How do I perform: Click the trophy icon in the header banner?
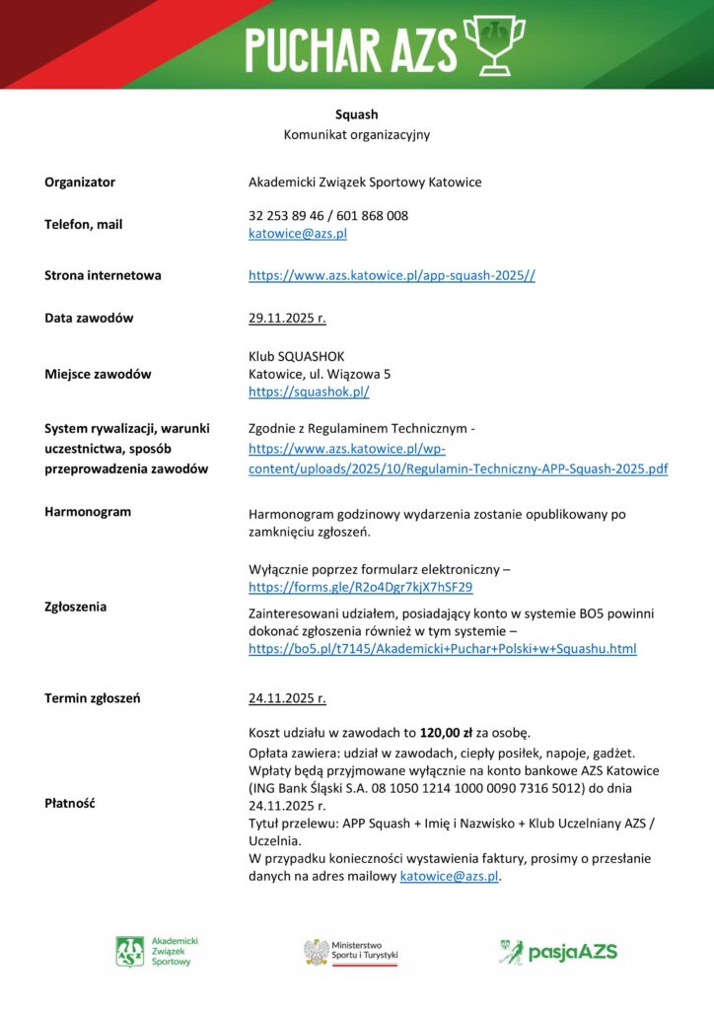click(x=501, y=43)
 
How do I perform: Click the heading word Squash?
click(x=356, y=114)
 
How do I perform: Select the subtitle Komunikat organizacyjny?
click(x=356, y=134)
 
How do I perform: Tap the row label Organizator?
click(x=80, y=181)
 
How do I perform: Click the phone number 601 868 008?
click(x=375, y=215)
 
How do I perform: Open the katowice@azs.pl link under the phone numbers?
click(x=297, y=234)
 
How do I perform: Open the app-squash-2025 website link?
click(x=392, y=275)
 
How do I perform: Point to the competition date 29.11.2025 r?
click(x=287, y=318)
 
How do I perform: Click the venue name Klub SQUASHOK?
click(x=297, y=356)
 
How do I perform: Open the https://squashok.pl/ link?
click(x=309, y=392)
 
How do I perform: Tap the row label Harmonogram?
click(x=88, y=512)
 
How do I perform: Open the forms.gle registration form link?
click(x=360, y=587)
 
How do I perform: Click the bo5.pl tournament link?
click(x=442, y=648)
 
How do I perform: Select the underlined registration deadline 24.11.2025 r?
click(x=287, y=698)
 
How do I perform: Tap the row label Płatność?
click(x=69, y=803)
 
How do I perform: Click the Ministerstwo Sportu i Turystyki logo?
click(x=350, y=951)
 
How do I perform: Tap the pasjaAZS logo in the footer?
click(x=557, y=951)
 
